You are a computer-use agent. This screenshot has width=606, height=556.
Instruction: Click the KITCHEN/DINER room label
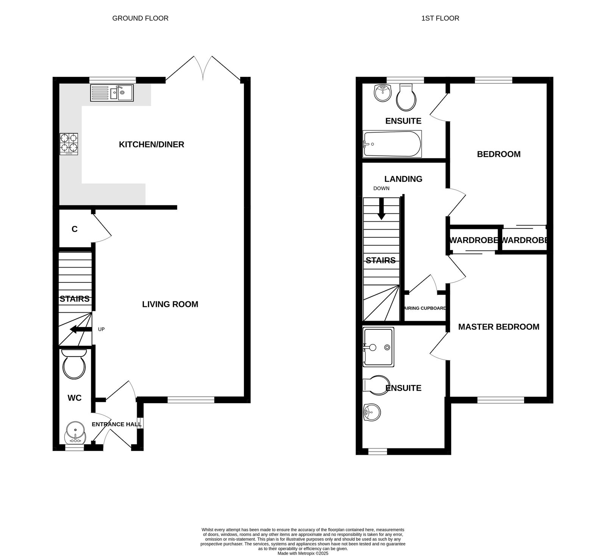(x=151, y=144)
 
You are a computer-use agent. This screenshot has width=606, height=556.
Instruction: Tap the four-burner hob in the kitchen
(x=69, y=144)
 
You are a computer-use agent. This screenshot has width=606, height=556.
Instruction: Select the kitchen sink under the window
(x=112, y=92)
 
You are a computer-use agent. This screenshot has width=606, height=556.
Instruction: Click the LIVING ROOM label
(x=170, y=304)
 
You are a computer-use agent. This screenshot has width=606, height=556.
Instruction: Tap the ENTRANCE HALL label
(x=116, y=424)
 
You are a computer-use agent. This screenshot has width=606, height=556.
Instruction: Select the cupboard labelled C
(x=75, y=229)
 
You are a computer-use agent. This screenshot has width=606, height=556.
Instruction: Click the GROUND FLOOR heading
(x=140, y=18)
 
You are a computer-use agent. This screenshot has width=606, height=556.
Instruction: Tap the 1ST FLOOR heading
(x=440, y=18)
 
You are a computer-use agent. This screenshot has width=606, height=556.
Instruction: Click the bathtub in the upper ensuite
(x=392, y=144)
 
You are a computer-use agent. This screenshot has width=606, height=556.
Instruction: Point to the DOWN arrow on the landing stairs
(x=381, y=209)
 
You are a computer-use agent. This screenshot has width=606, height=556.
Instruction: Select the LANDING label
(x=403, y=179)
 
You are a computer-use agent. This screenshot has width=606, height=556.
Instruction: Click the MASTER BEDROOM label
(x=498, y=327)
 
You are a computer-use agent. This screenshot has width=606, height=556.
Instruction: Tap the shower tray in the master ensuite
(x=378, y=347)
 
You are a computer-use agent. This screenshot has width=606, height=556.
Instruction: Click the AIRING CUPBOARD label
(x=425, y=308)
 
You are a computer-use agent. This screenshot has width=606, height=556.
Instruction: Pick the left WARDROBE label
(x=473, y=240)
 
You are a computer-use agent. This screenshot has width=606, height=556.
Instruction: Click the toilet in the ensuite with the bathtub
(x=406, y=97)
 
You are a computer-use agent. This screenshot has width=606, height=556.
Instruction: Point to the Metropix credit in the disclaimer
(x=303, y=553)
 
